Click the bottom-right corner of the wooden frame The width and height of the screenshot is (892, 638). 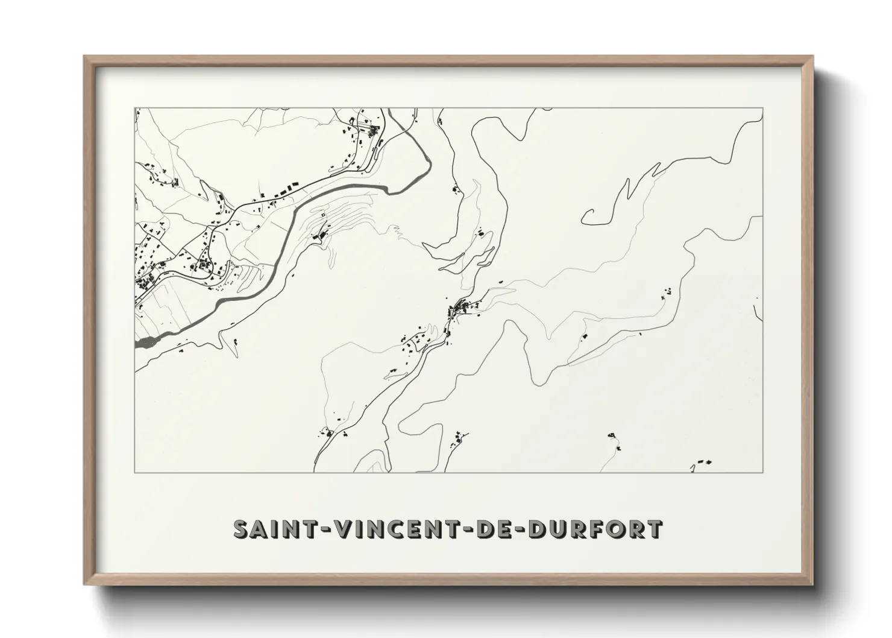click(x=812, y=584)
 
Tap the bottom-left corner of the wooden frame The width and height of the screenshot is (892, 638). click(x=85, y=584)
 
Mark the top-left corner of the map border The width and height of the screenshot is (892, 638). click(x=135, y=109)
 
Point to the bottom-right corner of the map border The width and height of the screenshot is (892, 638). click(x=763, y=472)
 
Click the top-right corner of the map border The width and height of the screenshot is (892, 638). click(x=763, y=109)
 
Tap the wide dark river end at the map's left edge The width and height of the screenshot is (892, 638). click(x=143, y=344)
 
